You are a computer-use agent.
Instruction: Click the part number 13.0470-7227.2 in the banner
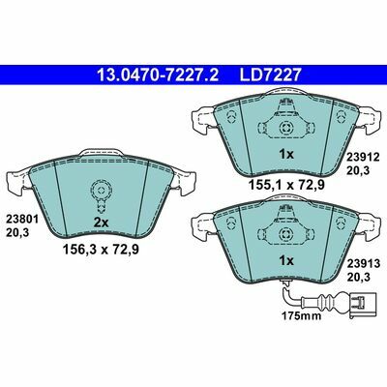[x=158, y=74]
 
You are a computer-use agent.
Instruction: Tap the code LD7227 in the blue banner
[x=270, y=74]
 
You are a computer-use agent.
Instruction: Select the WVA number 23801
[x=22, y=220]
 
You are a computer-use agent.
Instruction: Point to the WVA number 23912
[x=363, y=157]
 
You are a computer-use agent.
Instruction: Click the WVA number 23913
[x=363, y=264]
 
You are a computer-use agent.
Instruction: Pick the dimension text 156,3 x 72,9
[x=101, y=249]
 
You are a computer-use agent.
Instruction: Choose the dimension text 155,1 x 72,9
[x=286, y=185]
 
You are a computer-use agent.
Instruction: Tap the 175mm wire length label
[x=302, y=315]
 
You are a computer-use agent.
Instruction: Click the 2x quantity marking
[x=102, y=223]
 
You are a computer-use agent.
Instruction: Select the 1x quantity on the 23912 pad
[x=286, y=155]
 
